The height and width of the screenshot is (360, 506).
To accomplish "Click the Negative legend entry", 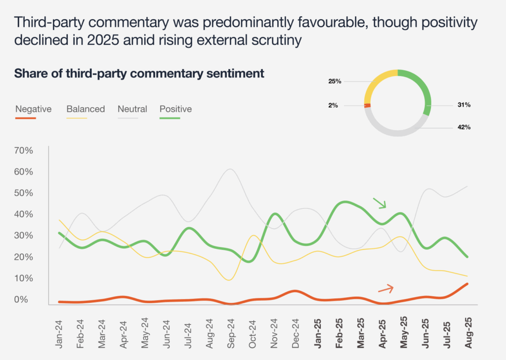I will click(x=33, y=109).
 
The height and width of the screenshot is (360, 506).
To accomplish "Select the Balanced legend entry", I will click(x=85, y=109).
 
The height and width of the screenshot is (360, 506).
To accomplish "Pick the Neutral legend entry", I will click(x=132, y=109).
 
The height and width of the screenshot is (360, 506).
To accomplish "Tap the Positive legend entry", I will click(x=175, y=109).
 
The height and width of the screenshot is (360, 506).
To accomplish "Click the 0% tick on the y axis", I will click(x=24, y=299).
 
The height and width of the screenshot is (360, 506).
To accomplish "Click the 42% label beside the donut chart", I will click(x=464, y=127).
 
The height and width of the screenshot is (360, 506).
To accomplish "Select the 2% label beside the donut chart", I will click(x=333, y=105).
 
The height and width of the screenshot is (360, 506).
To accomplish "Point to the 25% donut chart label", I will click(x=335, y=81).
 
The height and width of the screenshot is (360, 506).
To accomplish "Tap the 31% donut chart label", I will click(x=464, y=105).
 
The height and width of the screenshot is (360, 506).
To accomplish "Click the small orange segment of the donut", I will click(x=367, y=105).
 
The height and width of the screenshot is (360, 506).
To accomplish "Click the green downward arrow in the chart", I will click(x=379, y=203).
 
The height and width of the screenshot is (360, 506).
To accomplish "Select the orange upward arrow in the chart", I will click(x=386, y=288).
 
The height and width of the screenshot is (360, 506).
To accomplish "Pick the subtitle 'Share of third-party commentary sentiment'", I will click(x=139, y=74).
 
